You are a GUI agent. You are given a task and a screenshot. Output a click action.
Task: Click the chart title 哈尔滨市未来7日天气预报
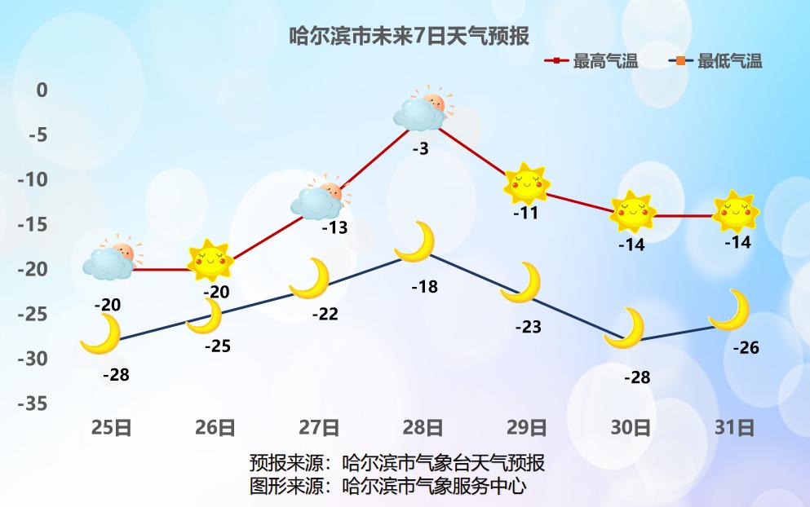[x=409, y=36]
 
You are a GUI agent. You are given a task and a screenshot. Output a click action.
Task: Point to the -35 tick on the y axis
[x=38, y=403]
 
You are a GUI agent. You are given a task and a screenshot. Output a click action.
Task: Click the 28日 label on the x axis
[x=423, y=427]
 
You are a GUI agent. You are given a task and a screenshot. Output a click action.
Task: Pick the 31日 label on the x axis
[x=734, y=427]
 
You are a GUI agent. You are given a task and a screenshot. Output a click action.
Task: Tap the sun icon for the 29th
[x=526, y=184]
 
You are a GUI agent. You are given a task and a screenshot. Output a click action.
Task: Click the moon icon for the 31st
[x=731, y=311]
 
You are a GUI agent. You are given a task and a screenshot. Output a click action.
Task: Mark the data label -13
[x=334, y=228]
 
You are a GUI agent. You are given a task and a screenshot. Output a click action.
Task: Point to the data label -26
[x=746, y=348]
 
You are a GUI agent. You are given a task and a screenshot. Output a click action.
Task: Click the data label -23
[x=528, y=327]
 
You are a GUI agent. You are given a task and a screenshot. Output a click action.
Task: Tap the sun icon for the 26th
[x=210, y=261]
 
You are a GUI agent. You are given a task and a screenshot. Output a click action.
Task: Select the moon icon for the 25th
[x=102, y=334]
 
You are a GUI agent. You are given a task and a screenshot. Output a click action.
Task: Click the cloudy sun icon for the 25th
[x=111, y=258]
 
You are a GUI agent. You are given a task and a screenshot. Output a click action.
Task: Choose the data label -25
[x=217, y=346]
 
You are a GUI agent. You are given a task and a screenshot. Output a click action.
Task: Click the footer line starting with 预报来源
[x=396, y=464]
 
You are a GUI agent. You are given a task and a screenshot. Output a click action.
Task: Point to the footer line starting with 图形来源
[x=387, y=487]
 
